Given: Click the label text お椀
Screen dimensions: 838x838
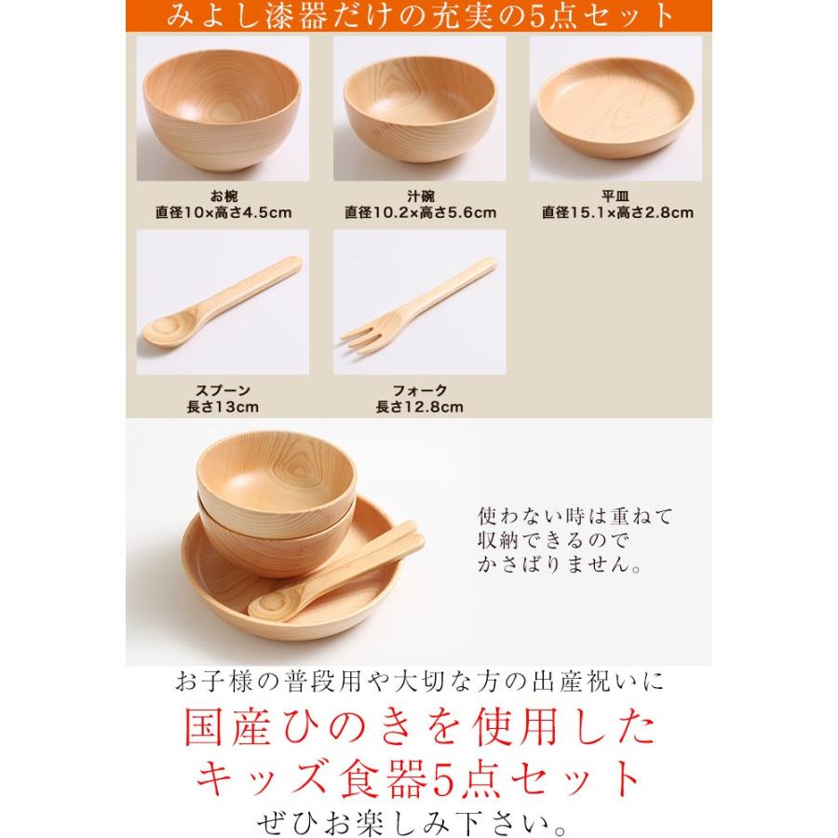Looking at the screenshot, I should [223, 196].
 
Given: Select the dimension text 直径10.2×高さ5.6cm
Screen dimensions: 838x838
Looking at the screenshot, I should [420, 212].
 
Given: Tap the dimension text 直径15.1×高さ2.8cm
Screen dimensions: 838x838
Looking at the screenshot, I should [617, 212].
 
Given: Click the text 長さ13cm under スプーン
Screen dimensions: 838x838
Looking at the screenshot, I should [223, 407].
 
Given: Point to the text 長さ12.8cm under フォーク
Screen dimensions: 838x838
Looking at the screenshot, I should [420, 407].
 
